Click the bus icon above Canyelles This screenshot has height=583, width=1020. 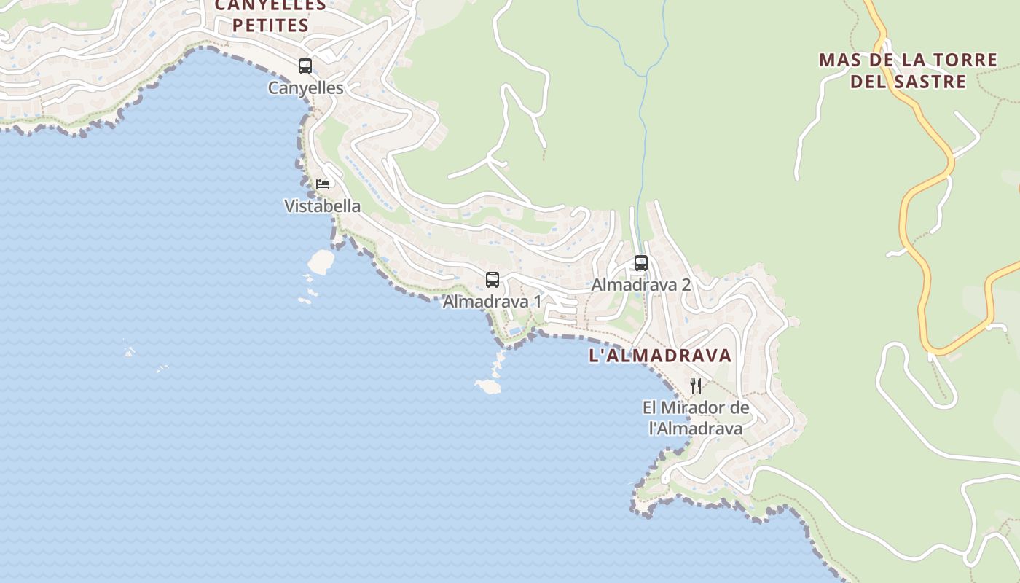305,66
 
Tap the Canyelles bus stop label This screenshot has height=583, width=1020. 305,88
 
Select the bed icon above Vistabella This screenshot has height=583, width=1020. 323,184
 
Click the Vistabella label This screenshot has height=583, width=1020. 322,206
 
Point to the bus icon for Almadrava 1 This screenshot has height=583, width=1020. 493,280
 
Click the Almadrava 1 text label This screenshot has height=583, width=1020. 493,301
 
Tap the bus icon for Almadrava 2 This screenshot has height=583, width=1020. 641,263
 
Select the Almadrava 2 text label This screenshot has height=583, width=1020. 641,285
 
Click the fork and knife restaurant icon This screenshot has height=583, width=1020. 696,386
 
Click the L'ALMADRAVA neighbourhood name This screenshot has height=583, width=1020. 660,356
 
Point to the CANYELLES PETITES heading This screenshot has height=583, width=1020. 270,15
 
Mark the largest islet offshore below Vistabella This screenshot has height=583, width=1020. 321,259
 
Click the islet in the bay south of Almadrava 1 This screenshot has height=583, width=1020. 488,386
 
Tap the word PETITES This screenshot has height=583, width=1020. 270,26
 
